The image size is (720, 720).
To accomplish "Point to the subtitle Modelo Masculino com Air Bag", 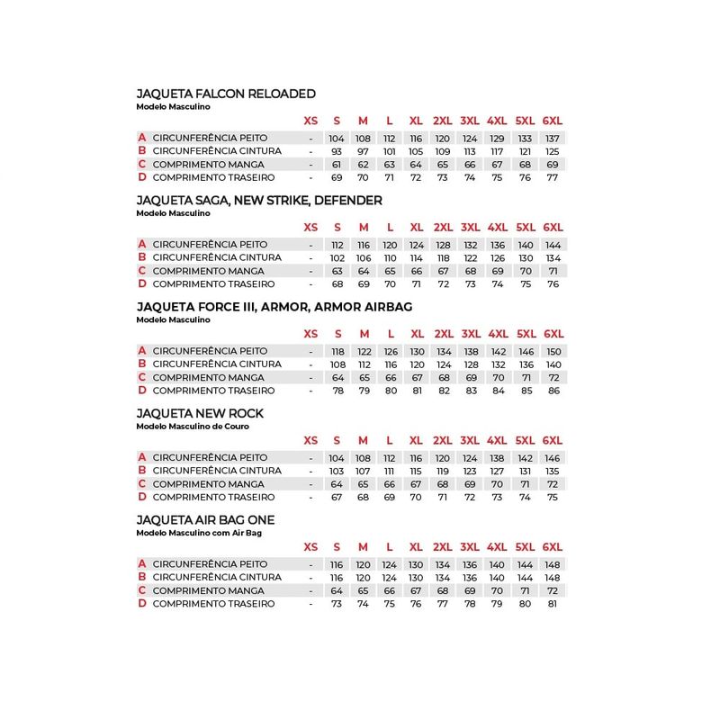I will [x=199, y=533].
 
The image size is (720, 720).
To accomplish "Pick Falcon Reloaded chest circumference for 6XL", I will [x=553, y=138].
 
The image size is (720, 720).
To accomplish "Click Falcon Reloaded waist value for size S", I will [x=337, y=151].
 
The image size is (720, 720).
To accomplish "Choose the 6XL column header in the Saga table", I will [x=553, y=227].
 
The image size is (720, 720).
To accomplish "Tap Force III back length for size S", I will [x=337, y=391].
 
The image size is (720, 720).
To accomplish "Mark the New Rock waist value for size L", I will [x=389, y=471].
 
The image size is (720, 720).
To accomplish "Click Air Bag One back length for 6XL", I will [x=553, y=603].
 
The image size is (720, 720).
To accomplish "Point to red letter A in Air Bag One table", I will [x=141, y=563].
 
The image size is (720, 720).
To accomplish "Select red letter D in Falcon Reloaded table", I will [x=141, y=177].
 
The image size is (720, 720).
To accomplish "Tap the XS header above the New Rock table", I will [x=310, y=440].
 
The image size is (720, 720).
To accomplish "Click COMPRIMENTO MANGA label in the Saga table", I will [x=208, y=271].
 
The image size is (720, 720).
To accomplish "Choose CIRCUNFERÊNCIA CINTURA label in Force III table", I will [x=216, y=364].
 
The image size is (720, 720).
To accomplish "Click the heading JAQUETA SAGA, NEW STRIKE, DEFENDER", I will [x=259, y=200].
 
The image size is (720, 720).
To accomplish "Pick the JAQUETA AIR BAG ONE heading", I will [x=205, y=520].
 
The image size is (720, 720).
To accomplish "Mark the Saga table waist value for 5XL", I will [x=526, y=257].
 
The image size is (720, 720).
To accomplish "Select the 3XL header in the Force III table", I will [x=470, y=334].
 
